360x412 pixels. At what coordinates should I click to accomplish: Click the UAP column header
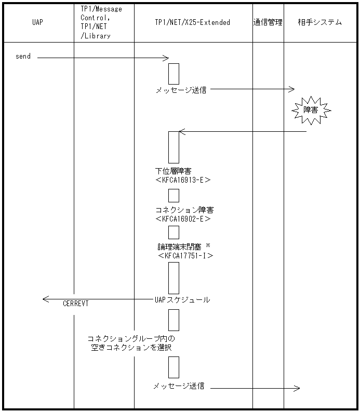[x=37, y=23]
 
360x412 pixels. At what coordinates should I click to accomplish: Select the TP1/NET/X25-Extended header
[x=192, y=23]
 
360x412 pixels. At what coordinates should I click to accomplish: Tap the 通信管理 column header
[x=268, y=22]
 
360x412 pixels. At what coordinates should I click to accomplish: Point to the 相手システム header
[x=320, y=22]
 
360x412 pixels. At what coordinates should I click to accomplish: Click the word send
[x=23, y=56]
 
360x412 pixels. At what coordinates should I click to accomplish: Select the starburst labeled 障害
[x=310, y=110]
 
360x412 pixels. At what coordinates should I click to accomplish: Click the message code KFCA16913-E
[x=183, y=180]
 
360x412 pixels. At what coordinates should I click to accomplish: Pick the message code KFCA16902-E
[x=183, y=219]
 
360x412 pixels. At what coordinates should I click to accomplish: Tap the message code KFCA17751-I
[x=186, y=256]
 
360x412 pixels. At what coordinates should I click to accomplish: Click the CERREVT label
[x=76, y=304]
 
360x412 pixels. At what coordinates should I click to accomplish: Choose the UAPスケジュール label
[x=182, y=299]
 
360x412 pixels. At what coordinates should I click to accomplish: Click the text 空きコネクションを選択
[x=131, y=348]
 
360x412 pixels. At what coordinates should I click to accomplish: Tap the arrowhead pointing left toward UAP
[x=46, y=299]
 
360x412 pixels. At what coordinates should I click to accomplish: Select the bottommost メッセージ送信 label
[x=179, y=386]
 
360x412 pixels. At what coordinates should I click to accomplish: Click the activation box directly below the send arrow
[x=174, y=74]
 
